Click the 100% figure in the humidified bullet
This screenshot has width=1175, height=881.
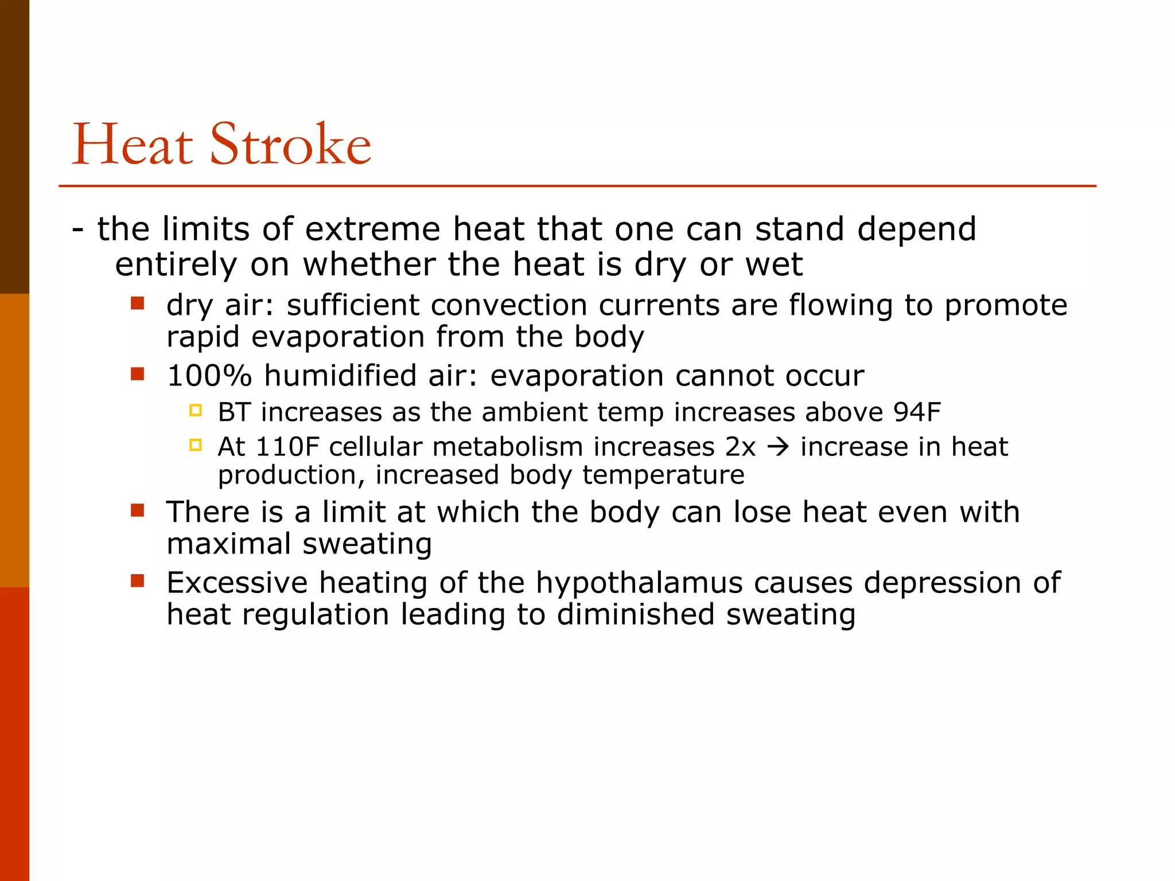pos(209,376)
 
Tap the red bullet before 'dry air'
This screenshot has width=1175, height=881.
pos(137,303)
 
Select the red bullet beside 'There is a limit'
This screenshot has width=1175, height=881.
pos(137,510)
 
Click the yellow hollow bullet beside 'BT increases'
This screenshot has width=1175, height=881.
pos(196,410)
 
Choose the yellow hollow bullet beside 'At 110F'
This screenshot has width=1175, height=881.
pos(196,445)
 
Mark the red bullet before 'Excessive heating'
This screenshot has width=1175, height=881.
pos(137,580)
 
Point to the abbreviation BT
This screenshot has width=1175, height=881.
pos(235,412)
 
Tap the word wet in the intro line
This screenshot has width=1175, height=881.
pos(774,265)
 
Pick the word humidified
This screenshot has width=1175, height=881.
pos(340,376)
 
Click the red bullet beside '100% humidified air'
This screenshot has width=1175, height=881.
pos(137,374)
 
